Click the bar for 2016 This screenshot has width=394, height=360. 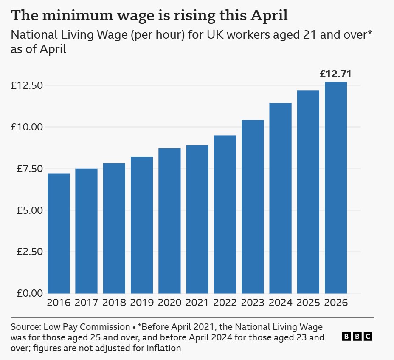[59, 233]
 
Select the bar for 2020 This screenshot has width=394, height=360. [169, 221]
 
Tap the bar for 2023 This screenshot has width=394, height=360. [253, 207]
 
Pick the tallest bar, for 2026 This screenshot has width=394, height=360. [336, 187]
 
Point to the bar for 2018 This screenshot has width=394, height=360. [114, 228]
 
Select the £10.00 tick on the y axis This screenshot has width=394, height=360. [27, 127]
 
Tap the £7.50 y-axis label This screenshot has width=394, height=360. [27, 169]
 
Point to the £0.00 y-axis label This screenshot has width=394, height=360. [27, 293]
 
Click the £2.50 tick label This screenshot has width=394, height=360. [27, 252]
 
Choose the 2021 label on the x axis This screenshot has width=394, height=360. [197, 303]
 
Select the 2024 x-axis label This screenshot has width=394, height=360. [280, 303]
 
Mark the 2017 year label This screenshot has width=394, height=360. [86, 303]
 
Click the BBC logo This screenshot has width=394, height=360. [357, 337]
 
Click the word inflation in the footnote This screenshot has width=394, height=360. [164, 349]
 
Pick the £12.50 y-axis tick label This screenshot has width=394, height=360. [27, 85]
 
